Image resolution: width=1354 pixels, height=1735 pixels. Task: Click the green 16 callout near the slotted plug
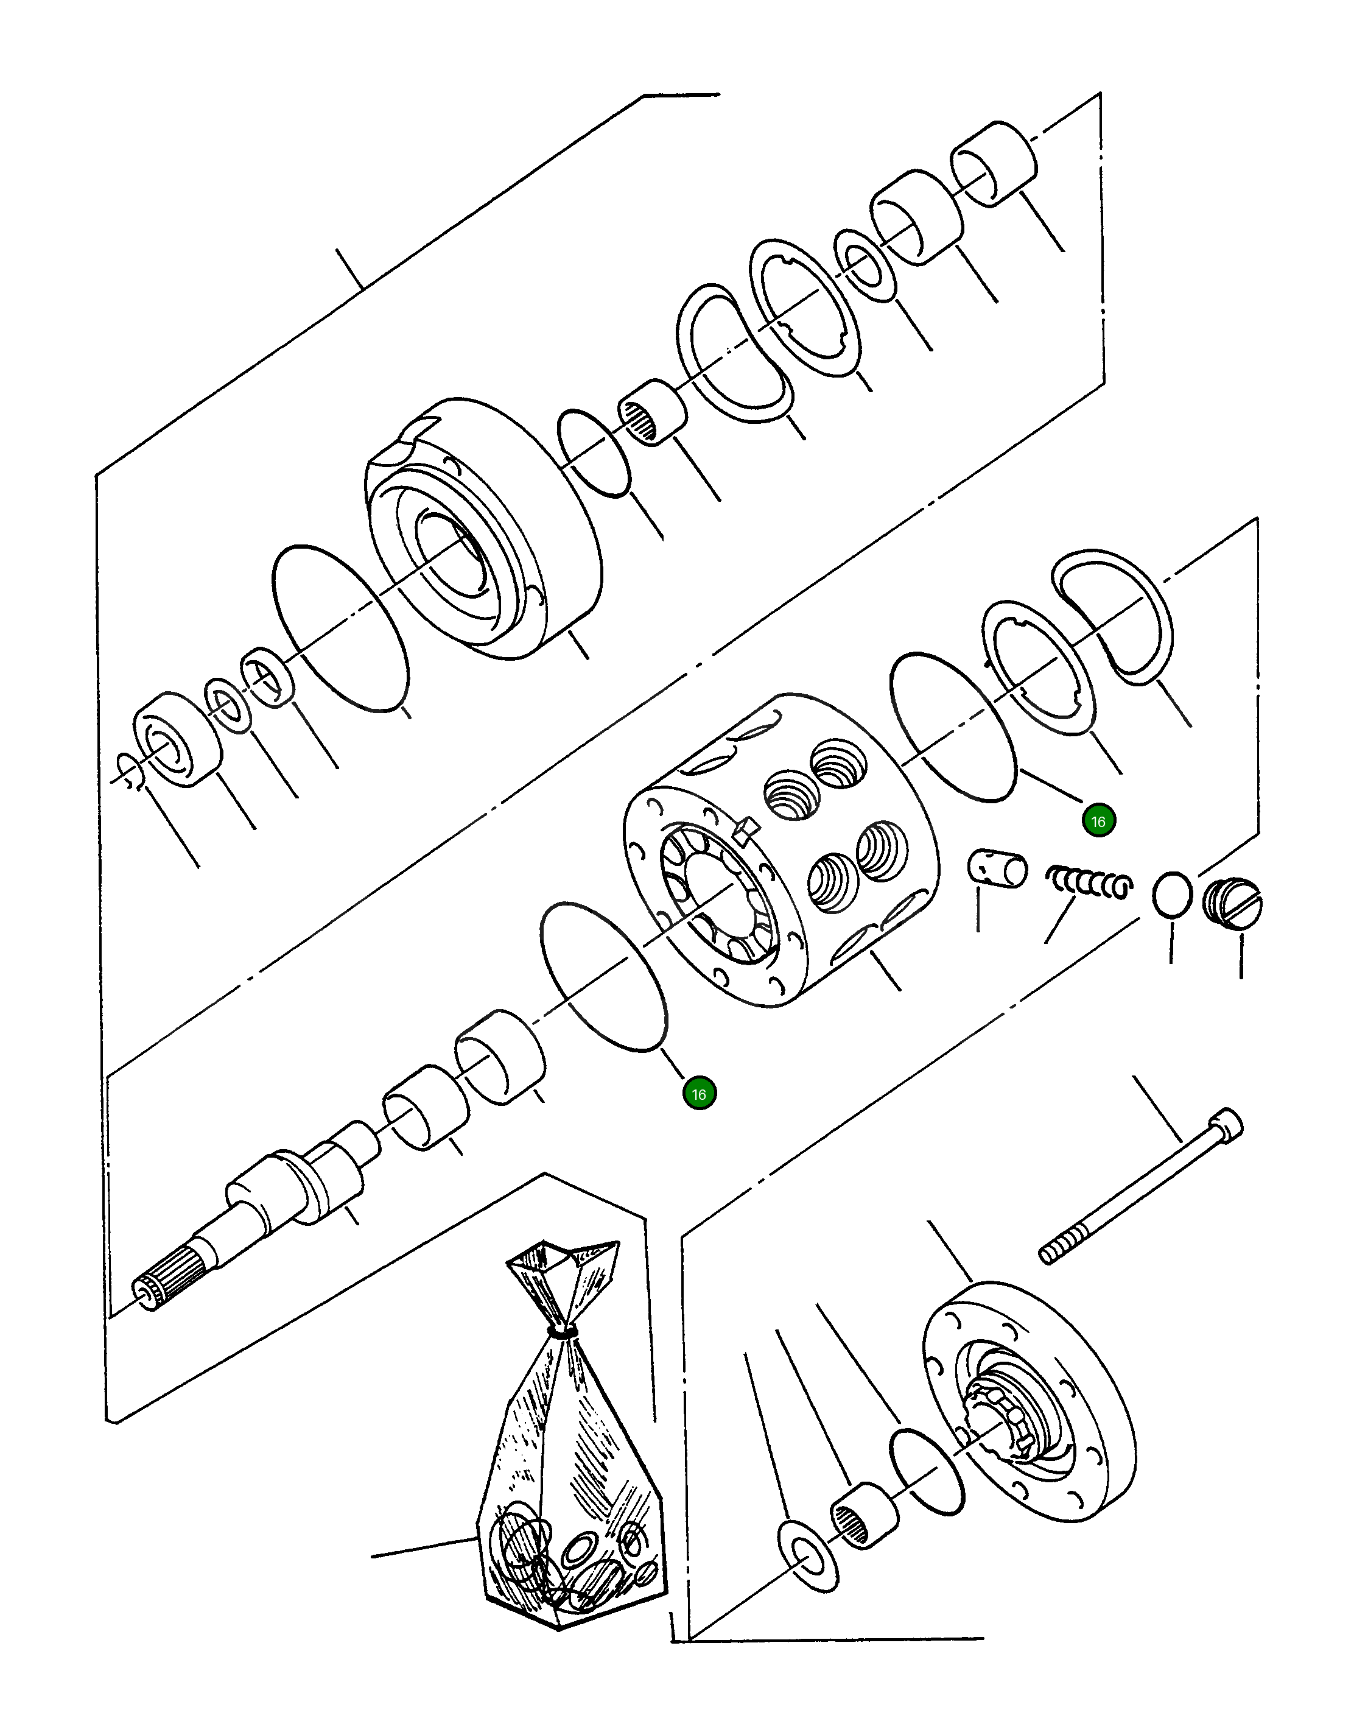click(1098, 822)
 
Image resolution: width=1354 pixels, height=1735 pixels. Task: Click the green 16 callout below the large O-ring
click(699, 1094)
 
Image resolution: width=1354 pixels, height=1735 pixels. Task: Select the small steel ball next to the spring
click(1172, 895)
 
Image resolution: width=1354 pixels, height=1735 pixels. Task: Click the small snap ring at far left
click(128, 772)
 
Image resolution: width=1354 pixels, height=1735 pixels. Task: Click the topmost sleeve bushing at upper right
click(994, 164)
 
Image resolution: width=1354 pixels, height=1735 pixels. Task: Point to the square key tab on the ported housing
click(743, 832)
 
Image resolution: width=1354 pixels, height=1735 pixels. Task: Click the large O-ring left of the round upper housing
click(340, 628)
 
